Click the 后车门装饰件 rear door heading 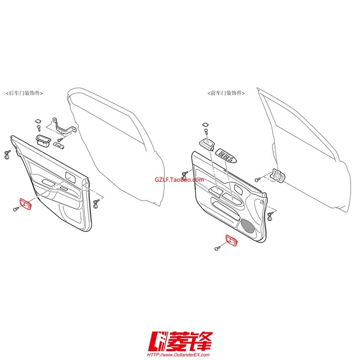point(24,93)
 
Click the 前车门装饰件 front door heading point(226,93)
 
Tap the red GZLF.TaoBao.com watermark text point(179,180)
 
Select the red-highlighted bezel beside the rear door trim point(25,204)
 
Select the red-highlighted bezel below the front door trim point(231,241)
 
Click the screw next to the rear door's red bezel point(16,209)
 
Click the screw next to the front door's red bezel point(217,248)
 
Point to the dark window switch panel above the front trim point(226,155)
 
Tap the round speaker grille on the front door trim point(247,225)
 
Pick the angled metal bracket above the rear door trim point(63,127)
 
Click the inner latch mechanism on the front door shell point(279,176)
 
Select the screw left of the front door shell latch point(258,180)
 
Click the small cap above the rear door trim point(38,121)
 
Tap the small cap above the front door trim point(206,125)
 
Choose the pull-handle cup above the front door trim point(207,144)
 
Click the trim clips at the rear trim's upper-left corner point(7,154)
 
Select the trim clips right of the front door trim point(271,216)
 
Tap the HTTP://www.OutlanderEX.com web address point(178,355)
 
